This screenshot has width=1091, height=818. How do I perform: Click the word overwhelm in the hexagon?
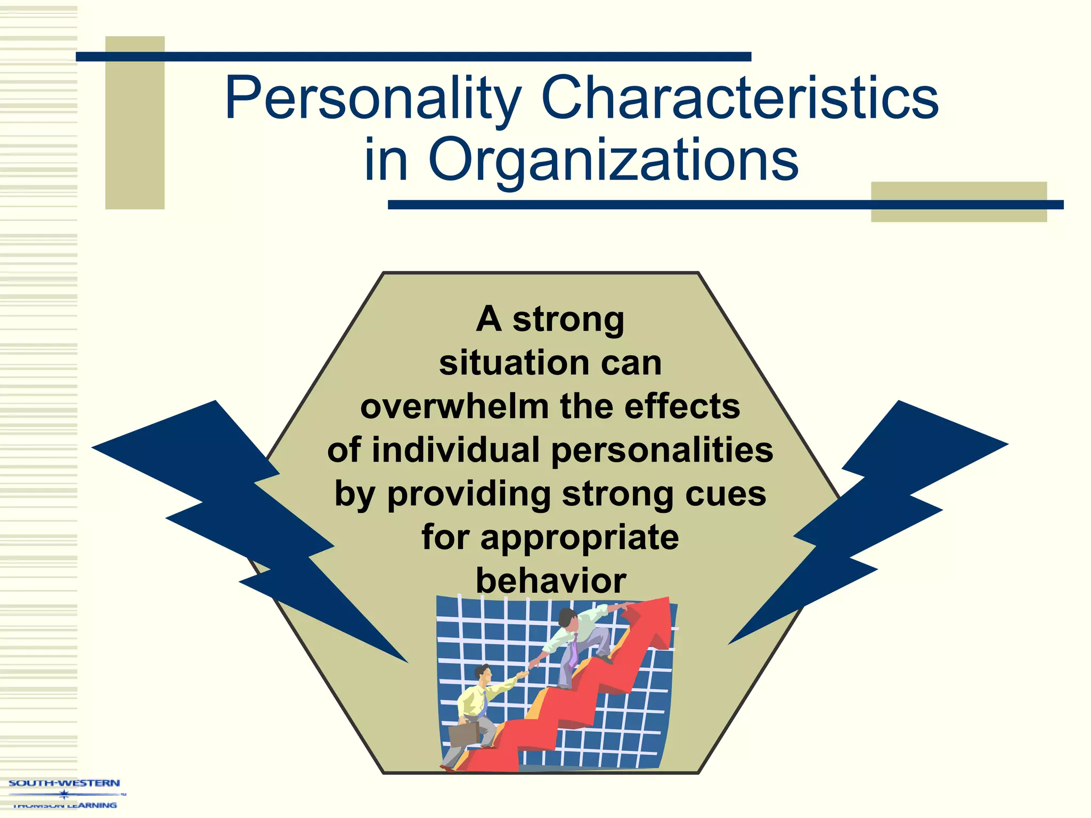(454, 407)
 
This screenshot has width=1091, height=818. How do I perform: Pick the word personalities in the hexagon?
(662, 450)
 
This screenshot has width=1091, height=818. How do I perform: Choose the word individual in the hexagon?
(456, 450)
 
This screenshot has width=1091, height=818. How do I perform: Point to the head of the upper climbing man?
(567, 618)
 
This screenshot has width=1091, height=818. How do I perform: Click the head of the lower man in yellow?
(484, 674)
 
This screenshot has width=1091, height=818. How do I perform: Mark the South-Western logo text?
(64, 783)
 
